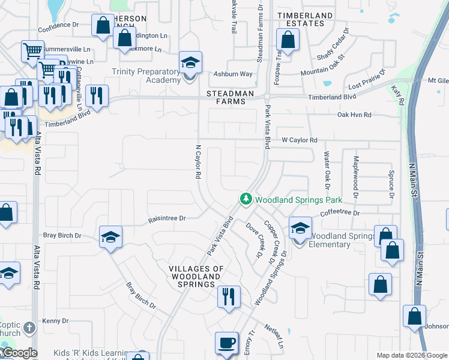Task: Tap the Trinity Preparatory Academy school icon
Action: (x=190, y=62)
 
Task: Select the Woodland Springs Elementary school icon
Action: (x=300, y=228)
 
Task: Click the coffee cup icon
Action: (x=226, y=343)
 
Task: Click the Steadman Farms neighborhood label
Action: (x=226, y=98)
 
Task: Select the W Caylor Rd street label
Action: (x=299, y=140)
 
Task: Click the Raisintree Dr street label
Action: (x=167, y=219)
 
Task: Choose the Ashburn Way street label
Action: (x=233, y=74)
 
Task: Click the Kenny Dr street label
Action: (x=55, y=321)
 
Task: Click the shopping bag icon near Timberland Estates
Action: (x=288, y=41)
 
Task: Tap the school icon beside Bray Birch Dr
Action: (x=111, y=238)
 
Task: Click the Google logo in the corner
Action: (x=19, y=353)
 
